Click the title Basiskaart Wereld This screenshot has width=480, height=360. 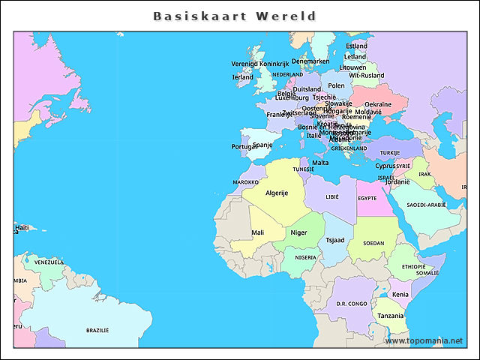235,16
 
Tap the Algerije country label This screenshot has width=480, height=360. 277,193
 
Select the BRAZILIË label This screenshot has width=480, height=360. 97,330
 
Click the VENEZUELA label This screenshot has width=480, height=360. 49,262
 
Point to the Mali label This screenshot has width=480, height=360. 257,232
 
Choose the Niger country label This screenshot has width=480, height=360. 298,232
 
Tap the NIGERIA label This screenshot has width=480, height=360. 305,257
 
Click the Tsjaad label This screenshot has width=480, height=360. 335,240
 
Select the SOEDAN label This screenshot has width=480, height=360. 373,243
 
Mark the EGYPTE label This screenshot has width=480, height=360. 367,198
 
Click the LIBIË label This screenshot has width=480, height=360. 332,196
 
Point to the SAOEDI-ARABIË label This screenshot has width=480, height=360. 426,204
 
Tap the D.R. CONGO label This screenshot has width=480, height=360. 352,304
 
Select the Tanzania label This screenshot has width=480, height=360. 390,316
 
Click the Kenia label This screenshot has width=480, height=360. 400,294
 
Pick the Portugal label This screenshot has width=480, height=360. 244,146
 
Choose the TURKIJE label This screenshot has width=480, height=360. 389,153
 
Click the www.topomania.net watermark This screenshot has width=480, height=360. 424,341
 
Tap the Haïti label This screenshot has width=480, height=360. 21,227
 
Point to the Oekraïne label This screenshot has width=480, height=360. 378,104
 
